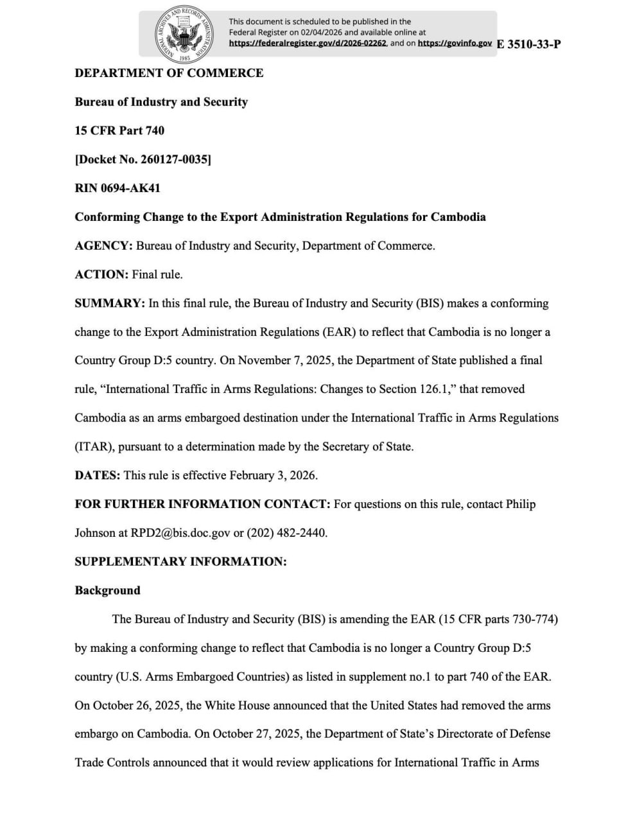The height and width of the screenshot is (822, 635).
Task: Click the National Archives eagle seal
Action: click(x=185, y=33)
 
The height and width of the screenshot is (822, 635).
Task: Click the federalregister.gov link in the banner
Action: click(x=308, y=43)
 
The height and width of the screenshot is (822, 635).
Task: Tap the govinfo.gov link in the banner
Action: click(x=455, y=43)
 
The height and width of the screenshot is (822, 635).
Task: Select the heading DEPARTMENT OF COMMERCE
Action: click(x=169, y=73)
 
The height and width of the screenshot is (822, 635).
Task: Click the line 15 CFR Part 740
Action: click(x=119, y=130)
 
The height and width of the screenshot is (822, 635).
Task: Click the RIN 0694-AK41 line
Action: click(x=117, y=188)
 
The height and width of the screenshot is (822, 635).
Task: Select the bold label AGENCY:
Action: click(x=103, y=245)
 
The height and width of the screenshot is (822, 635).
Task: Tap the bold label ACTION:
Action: click(x=101, y=274)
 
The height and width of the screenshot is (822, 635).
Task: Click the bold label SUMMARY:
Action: click(x=110, y=303)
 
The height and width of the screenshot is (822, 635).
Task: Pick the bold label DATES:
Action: click(x=97, y=475)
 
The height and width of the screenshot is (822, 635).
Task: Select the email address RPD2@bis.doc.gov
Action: click(x=180, y=533)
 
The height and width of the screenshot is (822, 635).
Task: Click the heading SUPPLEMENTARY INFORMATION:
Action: click(x=180, y=561)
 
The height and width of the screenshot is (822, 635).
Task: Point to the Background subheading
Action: click(x=107, y=590)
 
